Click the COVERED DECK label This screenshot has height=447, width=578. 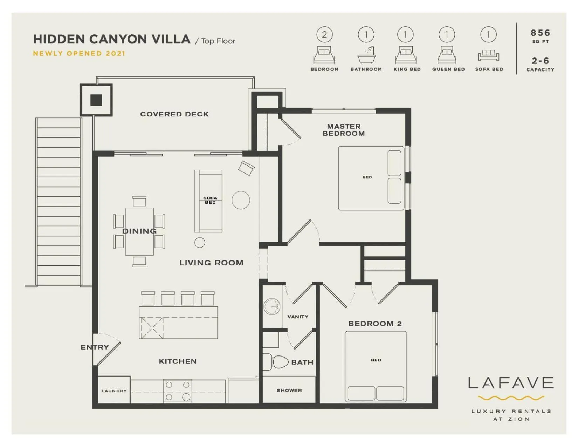point(174,114)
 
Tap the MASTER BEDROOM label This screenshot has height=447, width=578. point(344,130)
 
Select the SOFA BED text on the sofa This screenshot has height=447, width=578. point(210,200)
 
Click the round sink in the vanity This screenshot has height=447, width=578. point(271,307)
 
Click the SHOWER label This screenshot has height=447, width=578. point(289,390)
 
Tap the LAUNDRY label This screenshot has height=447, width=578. point(114,391)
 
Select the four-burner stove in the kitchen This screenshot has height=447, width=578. point(177,391)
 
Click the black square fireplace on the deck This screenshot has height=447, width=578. point(96,100)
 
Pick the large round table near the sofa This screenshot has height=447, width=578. point(241,200)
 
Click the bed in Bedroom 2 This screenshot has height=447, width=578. point(376,366)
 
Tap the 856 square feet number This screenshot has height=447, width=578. point(540,33)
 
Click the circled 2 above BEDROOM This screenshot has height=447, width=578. point(324,35)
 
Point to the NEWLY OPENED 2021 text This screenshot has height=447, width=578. point(79,53)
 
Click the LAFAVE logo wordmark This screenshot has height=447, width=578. point(511,383)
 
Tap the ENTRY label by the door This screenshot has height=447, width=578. point(95,347)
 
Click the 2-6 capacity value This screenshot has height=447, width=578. point(540,61)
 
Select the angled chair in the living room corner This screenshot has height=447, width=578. point(246,168)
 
